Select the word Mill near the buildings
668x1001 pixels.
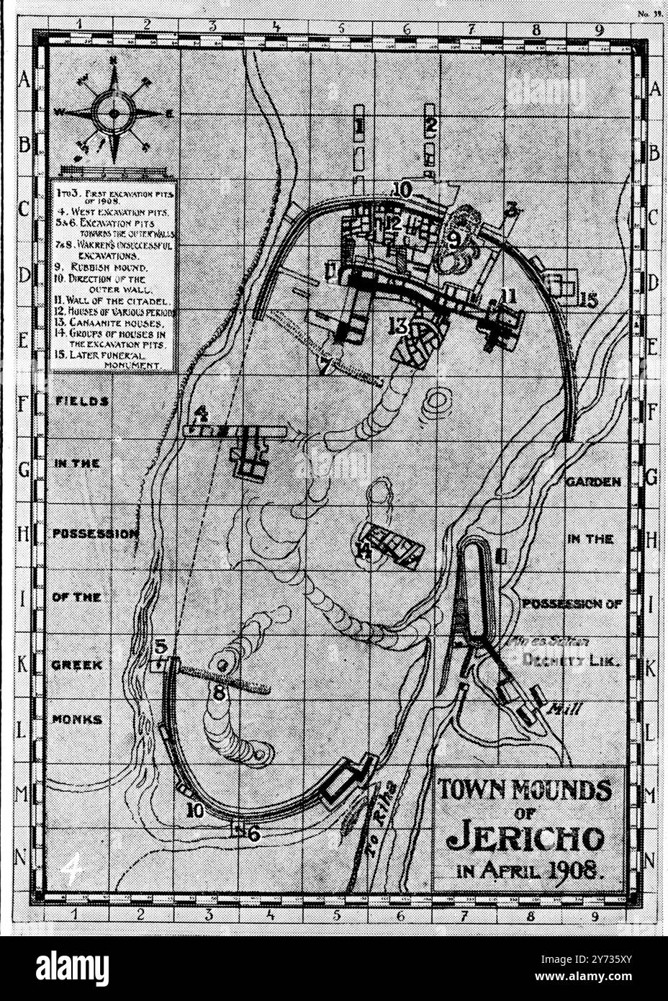tap(566, 709)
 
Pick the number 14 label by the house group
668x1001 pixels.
tap(365, 552)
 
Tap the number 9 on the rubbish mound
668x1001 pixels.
tap(453, 240)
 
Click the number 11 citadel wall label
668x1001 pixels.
tap(509, 295)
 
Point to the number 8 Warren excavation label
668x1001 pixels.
tap(219, 692)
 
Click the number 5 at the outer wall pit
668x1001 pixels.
tap(161, 646)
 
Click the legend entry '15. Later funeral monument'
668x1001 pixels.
tap(112, 360)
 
